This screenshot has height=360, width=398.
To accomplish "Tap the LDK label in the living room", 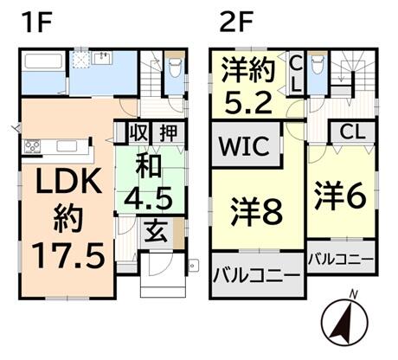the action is (x=68, y=182).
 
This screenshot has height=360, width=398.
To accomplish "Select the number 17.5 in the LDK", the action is (x=68, y=255).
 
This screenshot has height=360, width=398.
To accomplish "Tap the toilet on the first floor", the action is (x=174, y=67).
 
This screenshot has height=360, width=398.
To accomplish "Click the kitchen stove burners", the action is (x=32, y=146).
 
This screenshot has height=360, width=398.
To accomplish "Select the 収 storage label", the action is (x=138, y=133).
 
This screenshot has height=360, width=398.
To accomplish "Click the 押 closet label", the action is (x=169, y=133).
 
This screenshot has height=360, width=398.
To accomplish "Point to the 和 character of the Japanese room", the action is (x=149, y=167).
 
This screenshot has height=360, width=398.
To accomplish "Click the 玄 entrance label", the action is (x=157, y=232).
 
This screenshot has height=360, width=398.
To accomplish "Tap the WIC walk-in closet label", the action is (x=245, y=146).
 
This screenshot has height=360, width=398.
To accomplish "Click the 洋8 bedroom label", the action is (x=256, y=211).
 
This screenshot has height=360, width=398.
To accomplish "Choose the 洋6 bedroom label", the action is (x=341, y=196).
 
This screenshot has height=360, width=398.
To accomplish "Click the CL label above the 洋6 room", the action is (x=352, y=132).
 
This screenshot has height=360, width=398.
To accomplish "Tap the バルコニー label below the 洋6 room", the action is (x=341, y=260).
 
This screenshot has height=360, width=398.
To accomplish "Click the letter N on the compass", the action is (x=353, y=294).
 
